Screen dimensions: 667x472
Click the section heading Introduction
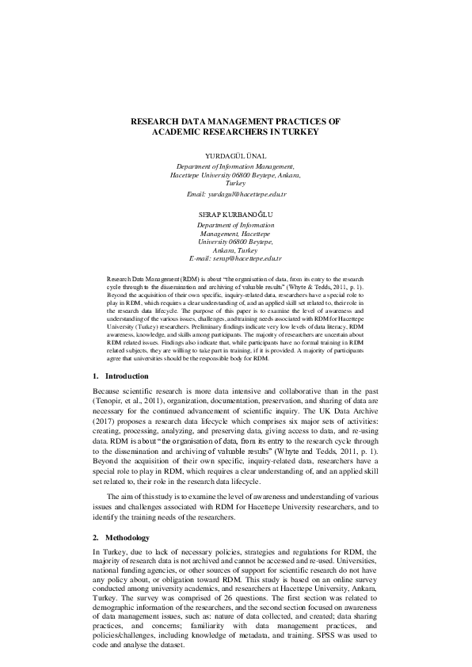pyautogui.click(x=127, y=375)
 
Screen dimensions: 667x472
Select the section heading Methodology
pyautogui.click(x=129, y=537)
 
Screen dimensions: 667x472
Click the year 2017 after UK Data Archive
pyautogui.click(x=106, y=423)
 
